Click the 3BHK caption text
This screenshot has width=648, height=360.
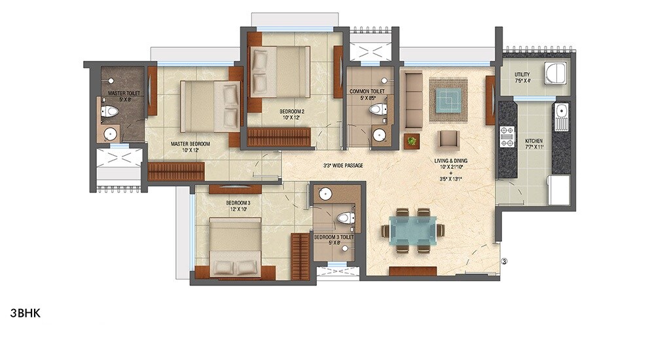tap(26, 313)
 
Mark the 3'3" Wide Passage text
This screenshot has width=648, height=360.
tap(343, 166)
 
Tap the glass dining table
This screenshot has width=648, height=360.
tap(413, 230)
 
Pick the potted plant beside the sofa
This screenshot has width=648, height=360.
tap(411, 141)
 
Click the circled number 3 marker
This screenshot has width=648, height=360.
tap(505, 262)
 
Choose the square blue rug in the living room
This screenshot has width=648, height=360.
tap(448, 100)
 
